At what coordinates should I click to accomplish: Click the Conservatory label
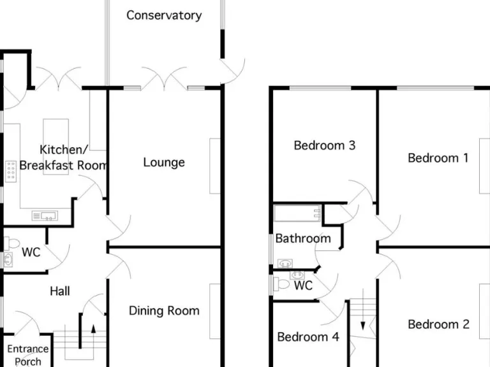click(164, 15)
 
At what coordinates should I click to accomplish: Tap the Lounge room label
click(164, 162)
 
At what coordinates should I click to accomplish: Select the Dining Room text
click(164, 311)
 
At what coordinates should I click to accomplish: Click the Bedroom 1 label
click(438, 158)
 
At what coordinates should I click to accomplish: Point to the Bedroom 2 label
click(438, 324)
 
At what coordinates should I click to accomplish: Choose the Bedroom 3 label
click(324, 145)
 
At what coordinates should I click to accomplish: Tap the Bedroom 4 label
click(308, 337)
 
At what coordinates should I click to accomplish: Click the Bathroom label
click(303, 239)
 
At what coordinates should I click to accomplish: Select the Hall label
click(60, 291)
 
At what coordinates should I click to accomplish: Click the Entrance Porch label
click(27, 355)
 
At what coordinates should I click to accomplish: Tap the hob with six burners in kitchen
click(11, 171)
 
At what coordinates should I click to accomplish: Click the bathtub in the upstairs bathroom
click(297, 212)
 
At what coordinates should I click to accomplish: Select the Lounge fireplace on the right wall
click(215, 165)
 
